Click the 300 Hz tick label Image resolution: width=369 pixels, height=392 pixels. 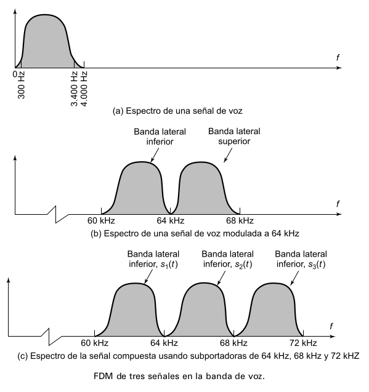22,85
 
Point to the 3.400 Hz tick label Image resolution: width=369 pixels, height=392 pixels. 74,89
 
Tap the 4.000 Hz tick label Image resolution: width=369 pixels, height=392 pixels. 84,89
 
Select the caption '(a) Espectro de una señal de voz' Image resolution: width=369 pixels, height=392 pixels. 177,111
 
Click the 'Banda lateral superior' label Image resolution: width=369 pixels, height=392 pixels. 234,136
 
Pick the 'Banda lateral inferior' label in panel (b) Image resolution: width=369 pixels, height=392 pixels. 160,137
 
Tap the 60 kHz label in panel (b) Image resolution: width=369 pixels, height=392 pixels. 101,220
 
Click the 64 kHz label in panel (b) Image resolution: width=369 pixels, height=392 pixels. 171,220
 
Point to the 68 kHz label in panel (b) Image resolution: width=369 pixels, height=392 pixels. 240,220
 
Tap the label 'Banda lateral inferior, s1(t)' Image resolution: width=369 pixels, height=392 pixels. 153,259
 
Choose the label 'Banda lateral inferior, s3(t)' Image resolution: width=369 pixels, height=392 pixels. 301,259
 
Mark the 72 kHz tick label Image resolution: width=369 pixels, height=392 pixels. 303,343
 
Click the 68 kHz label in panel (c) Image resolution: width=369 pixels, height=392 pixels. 233,343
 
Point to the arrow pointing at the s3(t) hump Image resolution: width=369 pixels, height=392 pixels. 294,278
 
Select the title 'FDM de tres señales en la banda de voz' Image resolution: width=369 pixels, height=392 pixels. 179,376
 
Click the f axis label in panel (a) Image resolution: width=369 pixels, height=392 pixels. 338,58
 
